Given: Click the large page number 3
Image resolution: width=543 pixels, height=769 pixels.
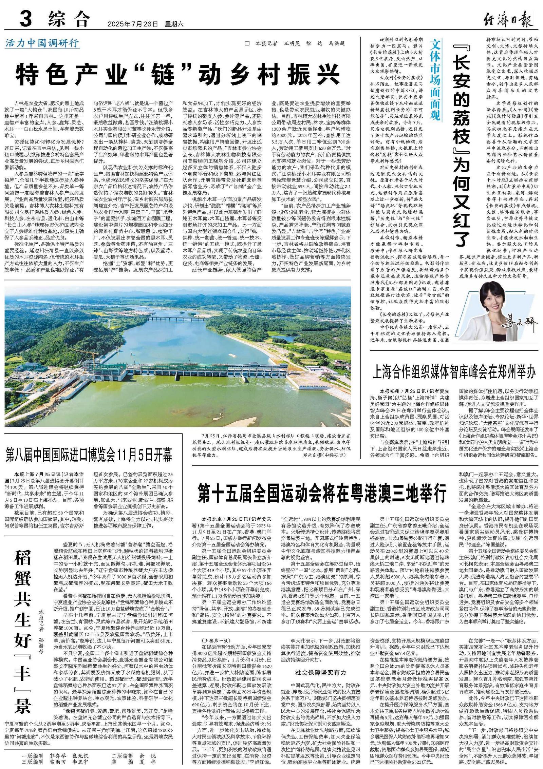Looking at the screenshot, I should (x=26, y=19).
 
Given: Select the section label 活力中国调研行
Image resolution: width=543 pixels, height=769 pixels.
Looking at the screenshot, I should (x=42, y=43).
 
